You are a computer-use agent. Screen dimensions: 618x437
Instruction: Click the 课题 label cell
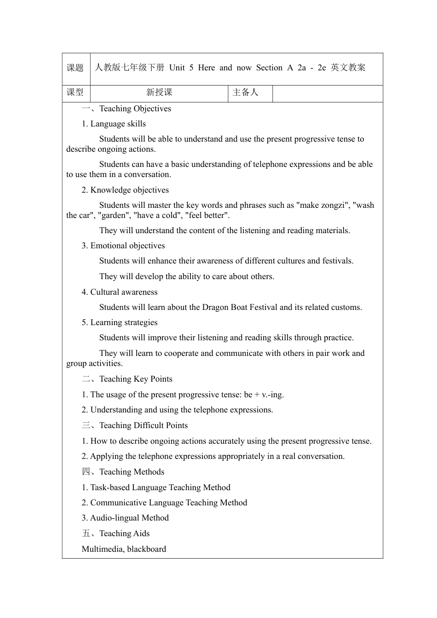click(75, 68)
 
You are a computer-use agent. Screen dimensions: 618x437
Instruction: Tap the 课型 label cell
click(75, 92)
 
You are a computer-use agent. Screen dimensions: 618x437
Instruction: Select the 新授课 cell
click(159, 92)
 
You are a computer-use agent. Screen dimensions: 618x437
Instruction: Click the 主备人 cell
click(246, 92)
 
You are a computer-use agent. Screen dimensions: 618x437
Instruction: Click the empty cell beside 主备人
click(327, 93)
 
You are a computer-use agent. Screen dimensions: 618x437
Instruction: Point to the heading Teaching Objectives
click(135, 109)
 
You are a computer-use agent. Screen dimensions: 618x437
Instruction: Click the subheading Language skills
click(118, 124)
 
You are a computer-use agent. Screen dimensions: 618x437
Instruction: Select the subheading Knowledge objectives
click(129, 190)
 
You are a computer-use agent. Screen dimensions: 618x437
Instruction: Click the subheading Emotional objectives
click(127, 246)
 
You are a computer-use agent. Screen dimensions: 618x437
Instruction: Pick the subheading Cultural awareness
click(124, 292)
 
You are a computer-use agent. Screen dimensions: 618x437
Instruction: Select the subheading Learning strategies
click(124, 323)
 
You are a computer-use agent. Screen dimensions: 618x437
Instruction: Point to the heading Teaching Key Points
click(136, 379)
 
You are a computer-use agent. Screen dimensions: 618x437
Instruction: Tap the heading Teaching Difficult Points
click(143, 426)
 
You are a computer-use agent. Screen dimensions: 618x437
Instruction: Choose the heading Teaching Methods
click(132, 472)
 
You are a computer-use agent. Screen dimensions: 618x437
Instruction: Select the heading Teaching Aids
click(124, 534)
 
